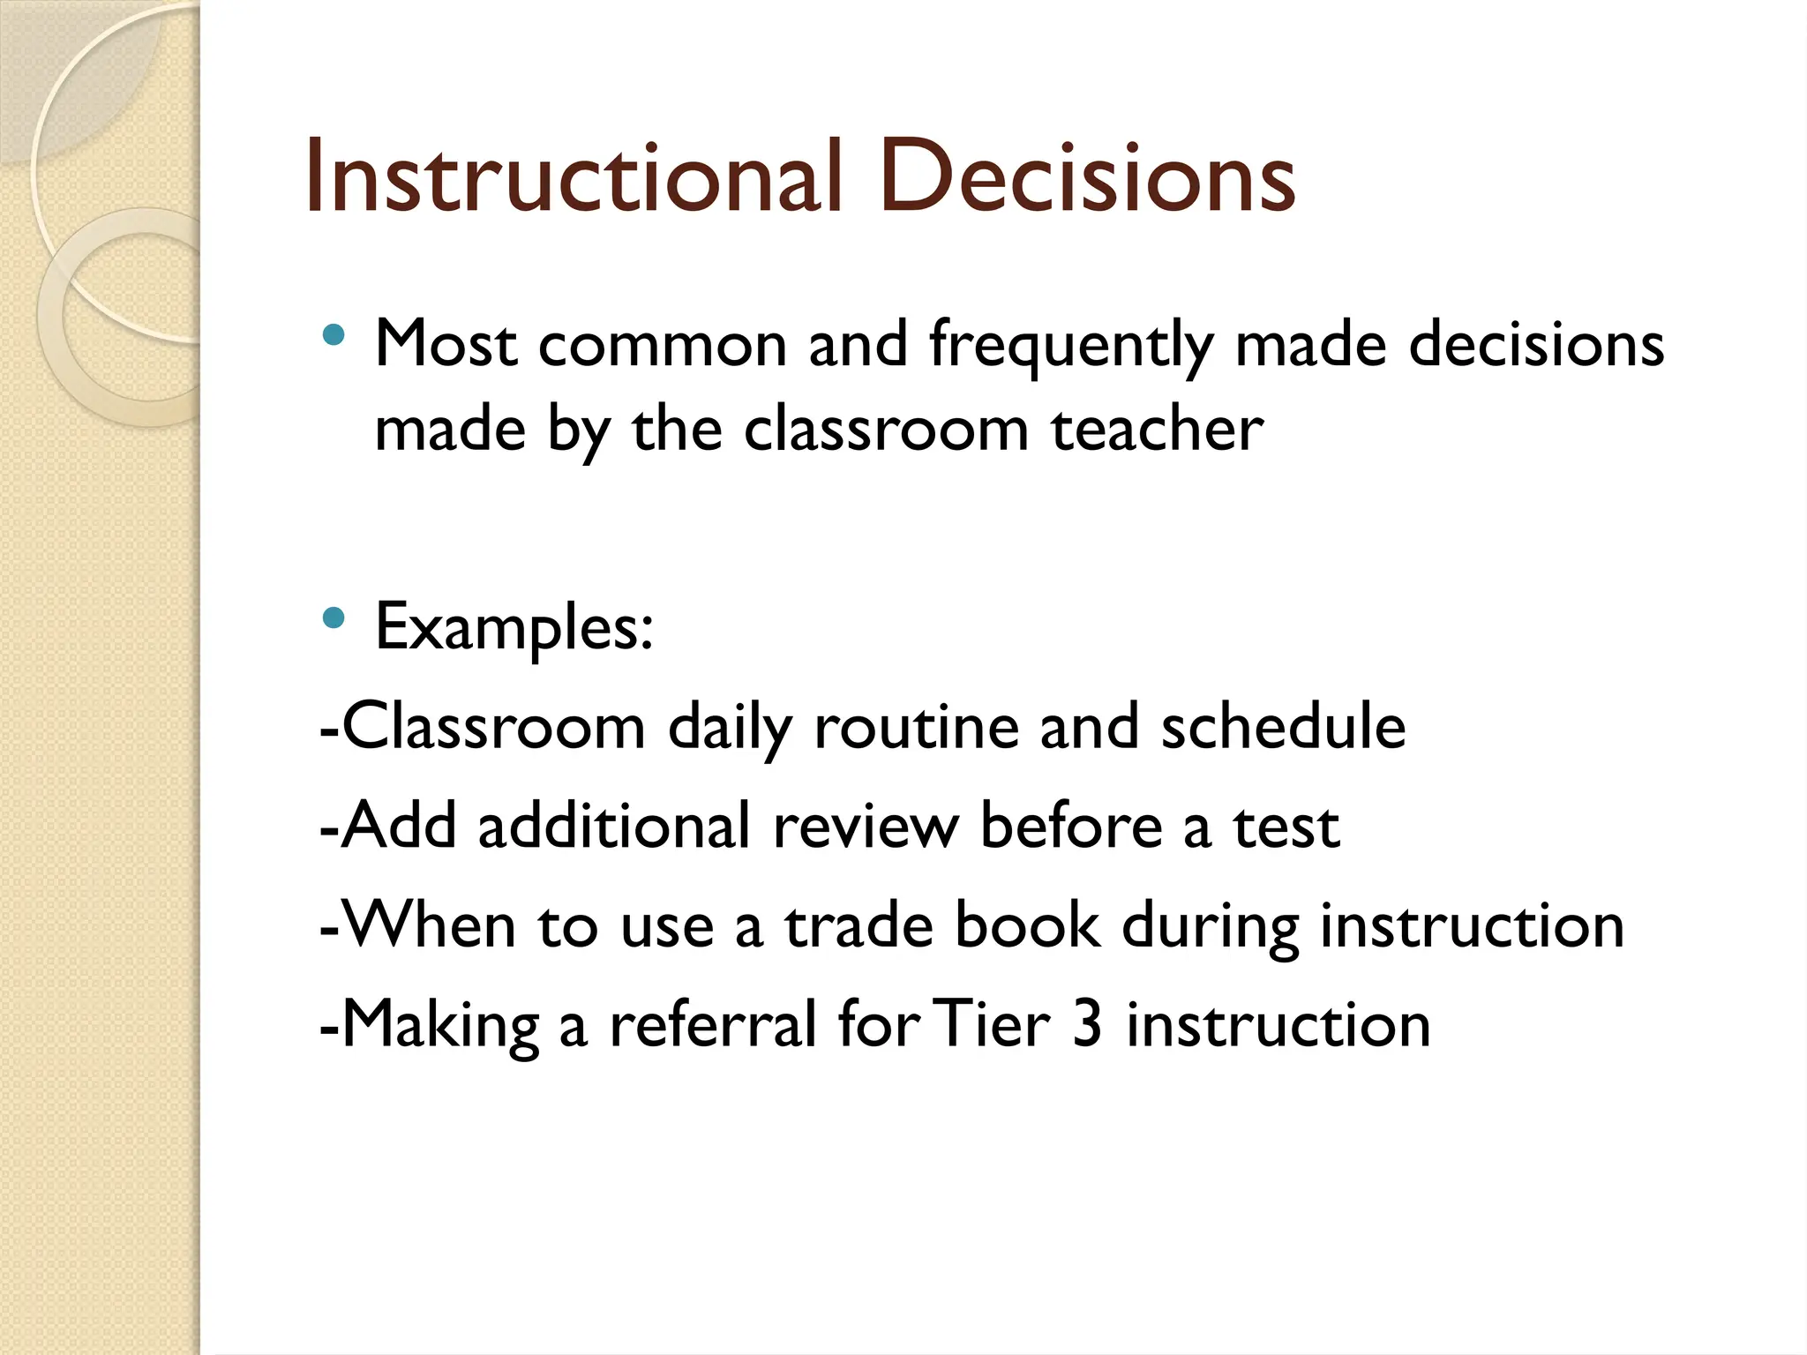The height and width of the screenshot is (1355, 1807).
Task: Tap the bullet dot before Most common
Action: tap(334, 335)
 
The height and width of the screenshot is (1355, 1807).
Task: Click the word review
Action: tap(865, 827)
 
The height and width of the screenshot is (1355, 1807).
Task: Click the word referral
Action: tap(713, 1025)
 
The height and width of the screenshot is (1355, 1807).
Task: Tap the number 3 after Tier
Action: tap(1087, 1025)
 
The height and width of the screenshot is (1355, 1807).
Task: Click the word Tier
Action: tap(991, 1025)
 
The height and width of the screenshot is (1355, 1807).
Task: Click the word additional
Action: tap(614, 827)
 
